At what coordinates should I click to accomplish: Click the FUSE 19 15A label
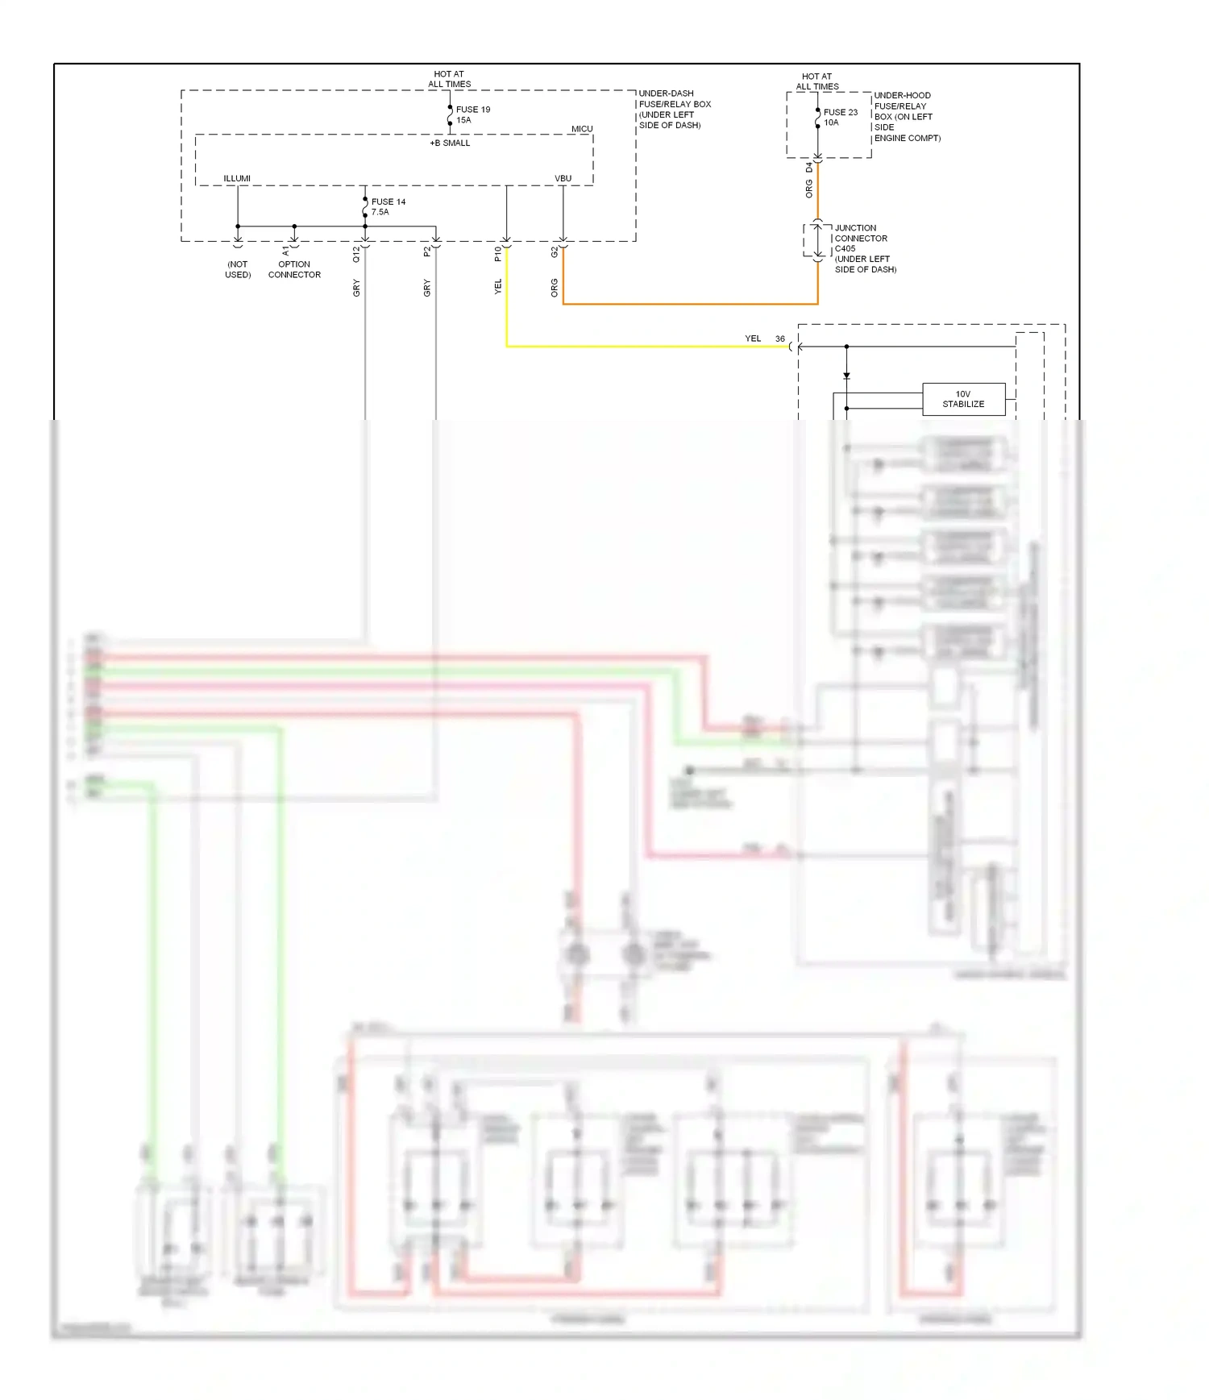pos(472,114)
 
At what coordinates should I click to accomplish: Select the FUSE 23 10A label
pos(840,118)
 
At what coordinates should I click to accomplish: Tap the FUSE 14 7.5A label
pos(388,207)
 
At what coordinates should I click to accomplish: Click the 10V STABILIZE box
pos(963,399)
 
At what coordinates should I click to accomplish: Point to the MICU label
pos(582,129)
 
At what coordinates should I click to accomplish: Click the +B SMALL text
pos(450,143)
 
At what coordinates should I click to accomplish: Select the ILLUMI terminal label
pos(237,178)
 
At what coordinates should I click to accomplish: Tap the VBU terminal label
pos(563,178)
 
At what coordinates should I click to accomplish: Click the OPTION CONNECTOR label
pos(294,269)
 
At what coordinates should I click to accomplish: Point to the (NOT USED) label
pos(238,269)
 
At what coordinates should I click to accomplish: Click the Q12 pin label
pos(356,254)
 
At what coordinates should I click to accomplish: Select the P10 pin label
pos(497,254)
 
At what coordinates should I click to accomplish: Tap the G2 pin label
pos(554,252)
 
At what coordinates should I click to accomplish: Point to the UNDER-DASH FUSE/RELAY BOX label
pos(674,109)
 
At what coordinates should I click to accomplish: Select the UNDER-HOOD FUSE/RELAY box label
pos(906,116)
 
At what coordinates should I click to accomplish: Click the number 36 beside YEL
pos(779,339)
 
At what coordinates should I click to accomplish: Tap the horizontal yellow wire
pos(645,347)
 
